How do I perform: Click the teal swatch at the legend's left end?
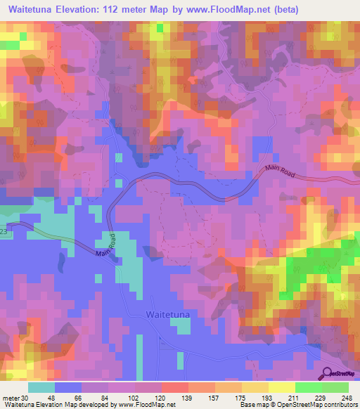click(x=42, y=387)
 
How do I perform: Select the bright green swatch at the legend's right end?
click(x=335, y=387)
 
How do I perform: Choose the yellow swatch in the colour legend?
click(x=281, y=387)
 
